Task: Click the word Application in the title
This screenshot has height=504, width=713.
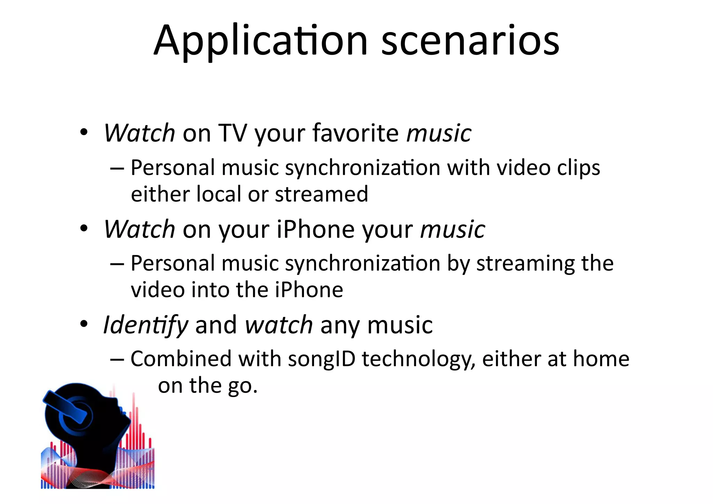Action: pos(260,41)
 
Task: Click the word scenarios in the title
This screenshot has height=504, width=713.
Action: pos(470,41)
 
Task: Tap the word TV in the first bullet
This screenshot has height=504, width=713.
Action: pos(232,133)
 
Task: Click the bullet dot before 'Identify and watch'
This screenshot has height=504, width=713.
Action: pos(84,324)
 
